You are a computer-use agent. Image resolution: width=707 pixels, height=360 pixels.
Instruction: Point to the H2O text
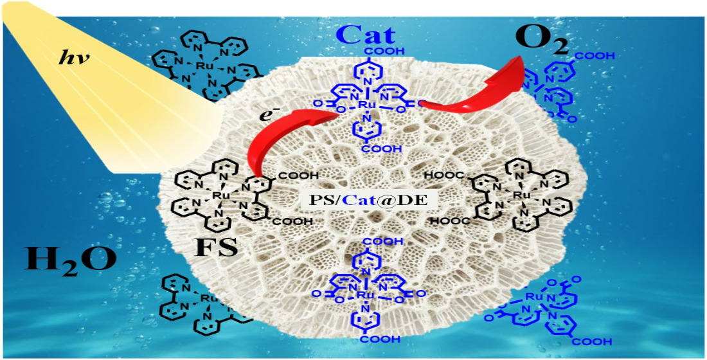tap(71, 259)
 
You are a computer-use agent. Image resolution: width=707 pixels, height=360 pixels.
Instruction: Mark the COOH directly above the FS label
tap(294, 221)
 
